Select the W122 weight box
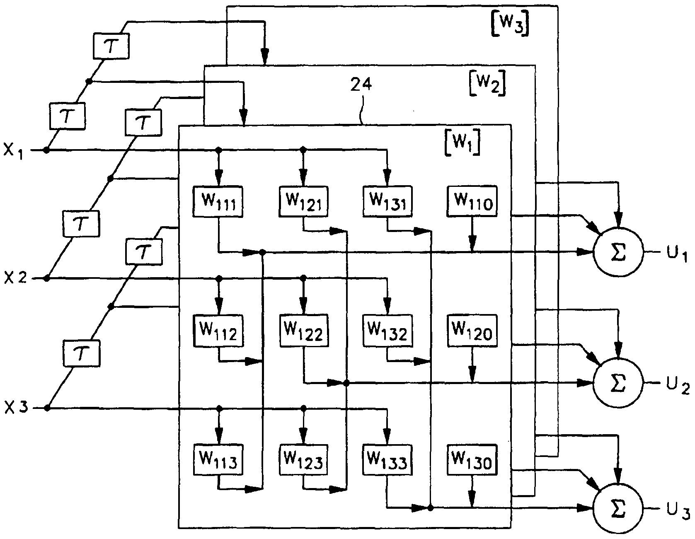click(x=304, y=330)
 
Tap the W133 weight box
click(x=387, y=459)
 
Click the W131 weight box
click(x=387, y=202)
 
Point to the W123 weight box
click(x=304, y=459)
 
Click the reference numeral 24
click(x=361, y=85)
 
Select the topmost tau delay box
click(x=111, y=46)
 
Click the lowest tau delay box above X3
click(x=81, y=353)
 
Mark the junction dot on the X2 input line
click(x=47, y=278)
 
